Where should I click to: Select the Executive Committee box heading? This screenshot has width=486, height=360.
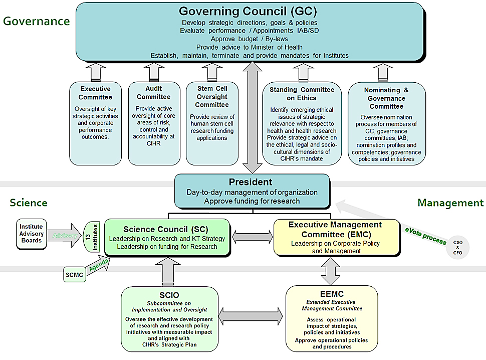pos(95,93)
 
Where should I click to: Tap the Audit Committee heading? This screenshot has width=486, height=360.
pos(153,93)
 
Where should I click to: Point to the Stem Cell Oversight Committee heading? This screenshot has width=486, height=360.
pos(211,97)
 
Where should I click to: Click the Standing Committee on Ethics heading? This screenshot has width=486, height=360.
pos(302,94)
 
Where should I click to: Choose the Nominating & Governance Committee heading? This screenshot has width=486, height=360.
pos(386,98)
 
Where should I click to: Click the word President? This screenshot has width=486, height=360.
pos(251,182)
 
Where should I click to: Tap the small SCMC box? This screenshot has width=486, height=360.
pos(74,274)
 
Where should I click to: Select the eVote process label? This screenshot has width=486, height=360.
pos(426,235)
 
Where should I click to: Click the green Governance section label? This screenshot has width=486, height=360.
pos(36,21)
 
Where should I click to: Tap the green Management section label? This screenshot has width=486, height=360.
pos(450,203)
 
